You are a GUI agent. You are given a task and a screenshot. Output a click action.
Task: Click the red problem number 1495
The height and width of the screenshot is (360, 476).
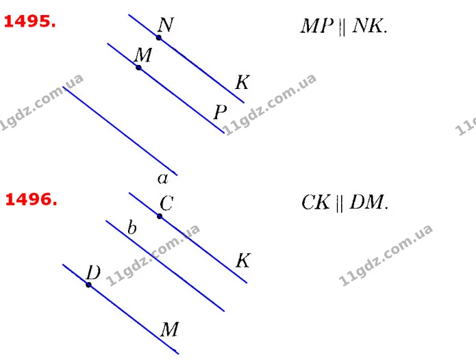(29, 21)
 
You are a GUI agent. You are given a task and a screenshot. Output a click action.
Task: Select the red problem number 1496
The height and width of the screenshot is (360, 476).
(31, 200)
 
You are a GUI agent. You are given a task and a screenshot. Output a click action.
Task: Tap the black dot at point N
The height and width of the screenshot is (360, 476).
(159, 38)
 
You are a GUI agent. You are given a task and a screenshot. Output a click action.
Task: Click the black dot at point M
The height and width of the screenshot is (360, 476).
(139, 68)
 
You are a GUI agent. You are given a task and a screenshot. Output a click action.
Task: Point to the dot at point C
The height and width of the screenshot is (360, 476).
(160, 216)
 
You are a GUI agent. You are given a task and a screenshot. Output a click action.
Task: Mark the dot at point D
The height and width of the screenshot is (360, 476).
(88, 285)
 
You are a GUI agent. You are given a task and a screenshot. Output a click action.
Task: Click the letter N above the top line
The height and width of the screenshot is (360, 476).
(166, 25)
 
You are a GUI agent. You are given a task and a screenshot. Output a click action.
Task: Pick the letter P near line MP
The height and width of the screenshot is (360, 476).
(220, 112)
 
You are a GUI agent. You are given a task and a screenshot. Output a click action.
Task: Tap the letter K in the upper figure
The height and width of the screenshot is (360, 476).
(242, 82)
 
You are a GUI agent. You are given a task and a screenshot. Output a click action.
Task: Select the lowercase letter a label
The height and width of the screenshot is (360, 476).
(163, 179)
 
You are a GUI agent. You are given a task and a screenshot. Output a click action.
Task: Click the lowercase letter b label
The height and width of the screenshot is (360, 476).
(132, 227)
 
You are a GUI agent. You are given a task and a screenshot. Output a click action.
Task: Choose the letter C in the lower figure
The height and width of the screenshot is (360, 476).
(166, 203)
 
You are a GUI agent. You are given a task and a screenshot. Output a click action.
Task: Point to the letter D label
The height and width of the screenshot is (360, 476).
(93, 272)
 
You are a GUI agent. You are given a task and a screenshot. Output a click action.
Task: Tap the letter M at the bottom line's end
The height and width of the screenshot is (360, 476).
(169, 329)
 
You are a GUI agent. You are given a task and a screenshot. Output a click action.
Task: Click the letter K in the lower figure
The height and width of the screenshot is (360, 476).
(243, 261)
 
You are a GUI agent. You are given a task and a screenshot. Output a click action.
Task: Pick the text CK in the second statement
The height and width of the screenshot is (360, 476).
(316, 203)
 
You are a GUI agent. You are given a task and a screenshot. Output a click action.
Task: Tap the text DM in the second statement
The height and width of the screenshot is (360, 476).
(366, 203)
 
